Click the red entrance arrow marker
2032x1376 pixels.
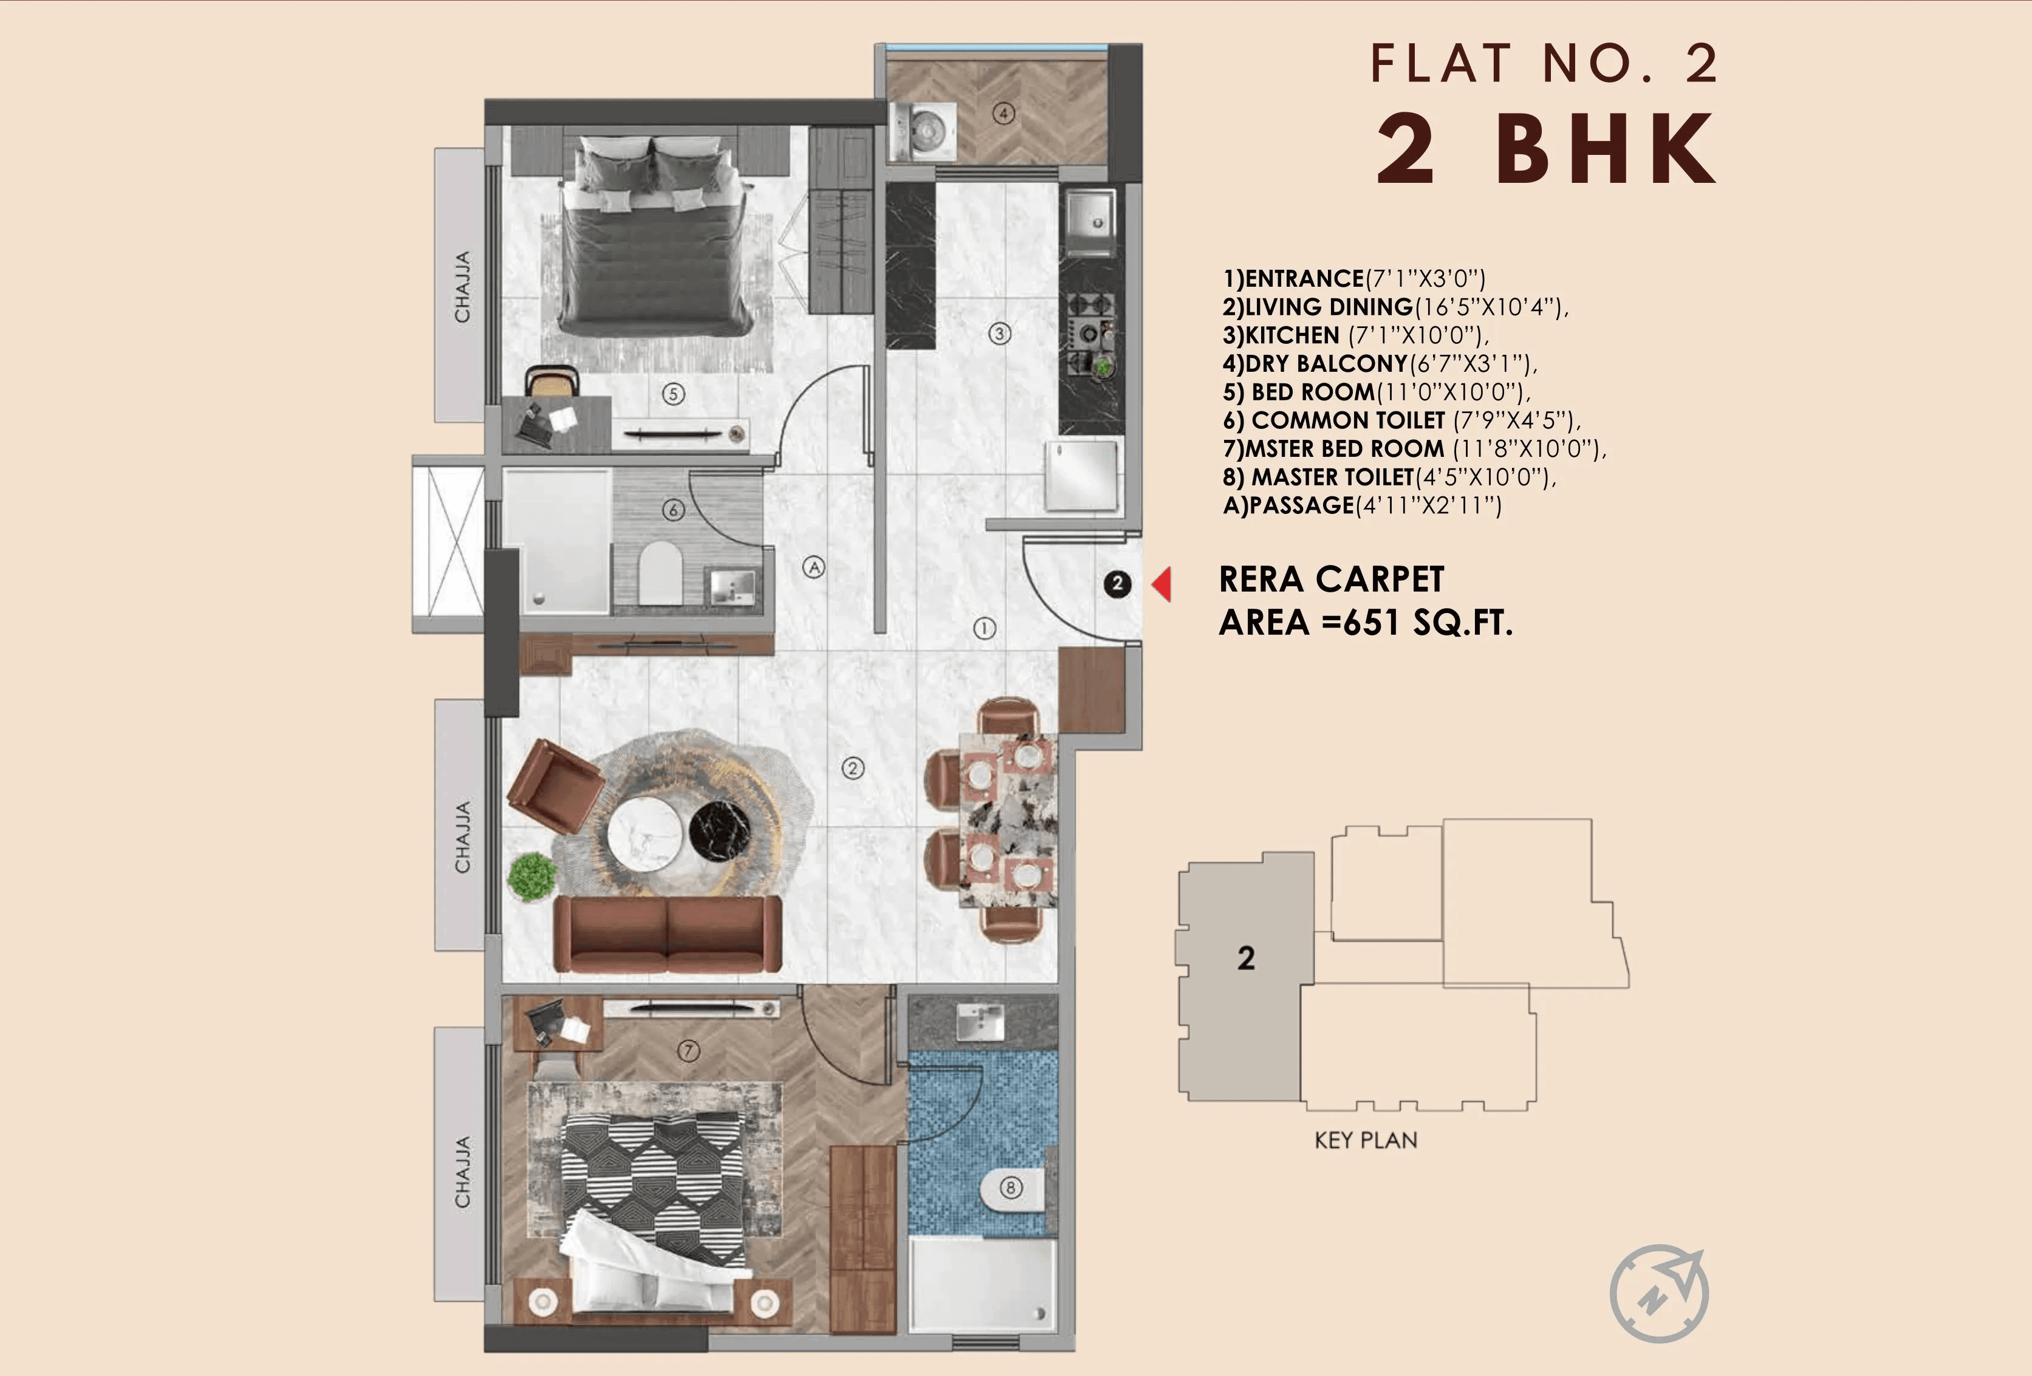pos(1162,584)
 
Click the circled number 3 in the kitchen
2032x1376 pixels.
pos(999,333)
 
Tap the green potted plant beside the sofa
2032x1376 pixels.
pos(532,876)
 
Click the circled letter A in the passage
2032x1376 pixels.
pos(814,567)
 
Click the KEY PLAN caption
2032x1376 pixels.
pos(1366,1140)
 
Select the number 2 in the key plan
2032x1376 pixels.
pos(1246,958)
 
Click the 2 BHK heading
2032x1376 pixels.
pos(1545,151)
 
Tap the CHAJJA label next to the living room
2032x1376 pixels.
pos(462,837)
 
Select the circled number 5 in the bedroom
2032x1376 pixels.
pos(672,394)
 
